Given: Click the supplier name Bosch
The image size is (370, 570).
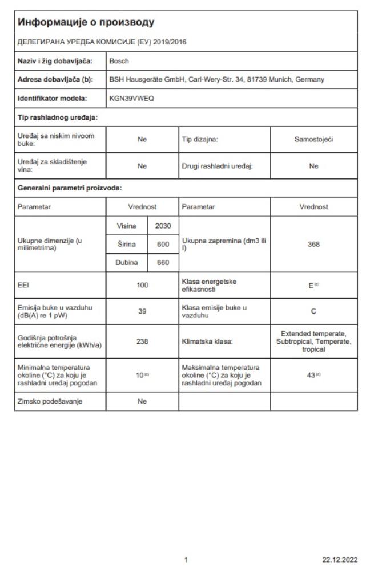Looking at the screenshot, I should pyautogui.click(x=119, y=60).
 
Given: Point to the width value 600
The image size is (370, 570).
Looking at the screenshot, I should pyautogui.click(x=163, y=245).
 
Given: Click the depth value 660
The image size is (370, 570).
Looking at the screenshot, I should pyautogui.click(x=163, y=262).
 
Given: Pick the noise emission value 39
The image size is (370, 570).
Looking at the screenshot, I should pyautogui.click(x=142, y=311).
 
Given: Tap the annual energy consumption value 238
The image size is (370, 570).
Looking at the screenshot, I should pyautogui.click(x=142, y=341).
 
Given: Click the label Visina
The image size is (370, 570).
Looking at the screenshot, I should pyautogui.click(x=127, y=227).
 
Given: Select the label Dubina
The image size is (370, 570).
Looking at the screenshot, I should pyautogui.click(x=127, y=262).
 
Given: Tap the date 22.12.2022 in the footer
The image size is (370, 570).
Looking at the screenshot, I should pyautogui.click(x=341, y=559).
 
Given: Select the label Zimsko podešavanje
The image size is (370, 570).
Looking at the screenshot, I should pyautogui.click(x=46, y=401).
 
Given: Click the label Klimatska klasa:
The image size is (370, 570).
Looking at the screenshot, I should pyautogui.click(x=206, y=341).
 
